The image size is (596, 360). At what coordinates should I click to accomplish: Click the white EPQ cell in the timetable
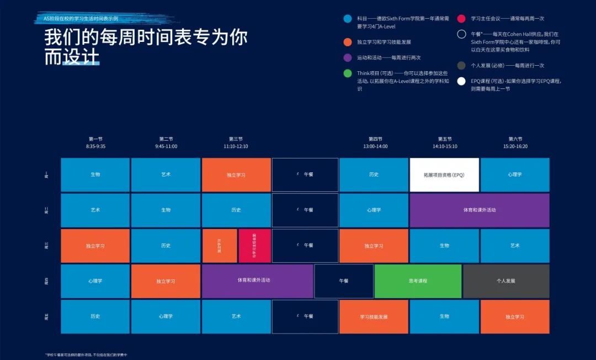[444, 175]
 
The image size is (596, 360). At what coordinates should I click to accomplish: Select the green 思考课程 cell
[418, 281]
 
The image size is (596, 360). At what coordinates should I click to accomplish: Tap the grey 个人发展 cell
[506, 281]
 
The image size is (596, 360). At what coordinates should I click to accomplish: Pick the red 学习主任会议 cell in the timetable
[254, 246]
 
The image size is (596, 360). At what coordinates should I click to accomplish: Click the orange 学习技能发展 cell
[374, 317]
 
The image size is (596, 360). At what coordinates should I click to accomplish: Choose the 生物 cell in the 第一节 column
[95, 175]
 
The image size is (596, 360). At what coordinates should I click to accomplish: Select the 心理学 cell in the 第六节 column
[515, 175]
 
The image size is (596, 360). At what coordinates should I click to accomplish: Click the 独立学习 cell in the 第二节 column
[166, 281]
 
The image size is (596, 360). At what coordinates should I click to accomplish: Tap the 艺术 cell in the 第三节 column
[236, 316]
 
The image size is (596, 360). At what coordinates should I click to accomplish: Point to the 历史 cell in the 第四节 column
[374, 175]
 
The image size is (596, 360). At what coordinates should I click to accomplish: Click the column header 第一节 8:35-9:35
[95, 142]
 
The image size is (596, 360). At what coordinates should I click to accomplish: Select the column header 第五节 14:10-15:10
[445, 142]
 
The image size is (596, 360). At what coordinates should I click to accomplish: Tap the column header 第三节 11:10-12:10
[236, 142]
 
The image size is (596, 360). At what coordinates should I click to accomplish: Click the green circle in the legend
[347, 73]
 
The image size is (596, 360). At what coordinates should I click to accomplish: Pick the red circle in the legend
[461, 18]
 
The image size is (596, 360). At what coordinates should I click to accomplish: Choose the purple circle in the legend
[347, 57]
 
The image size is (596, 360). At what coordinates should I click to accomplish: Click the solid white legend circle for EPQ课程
[461, 81]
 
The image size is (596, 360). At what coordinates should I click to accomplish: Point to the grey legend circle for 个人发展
[461, 66]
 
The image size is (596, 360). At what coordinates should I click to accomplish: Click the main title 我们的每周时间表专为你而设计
[146, 47]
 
